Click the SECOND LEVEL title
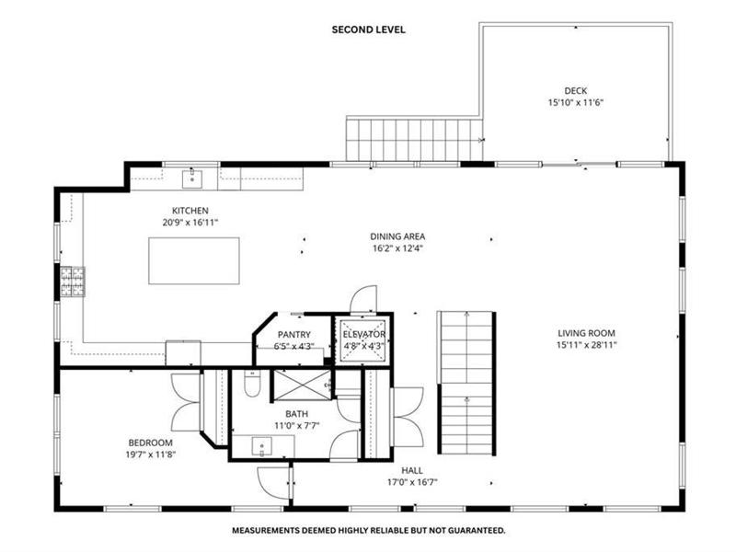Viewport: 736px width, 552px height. (369, 29)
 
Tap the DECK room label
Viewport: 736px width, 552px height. (576, 90)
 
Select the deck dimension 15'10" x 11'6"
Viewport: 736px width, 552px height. (576, 102)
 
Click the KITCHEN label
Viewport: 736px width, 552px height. (190, 211)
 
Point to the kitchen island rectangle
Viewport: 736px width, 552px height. (194, 261)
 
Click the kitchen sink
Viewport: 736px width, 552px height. (192, 179)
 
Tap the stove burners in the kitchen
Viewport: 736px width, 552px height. (73, 282)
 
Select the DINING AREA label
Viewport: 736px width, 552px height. (397, 236)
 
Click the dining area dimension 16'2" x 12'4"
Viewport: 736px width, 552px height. (398, 248)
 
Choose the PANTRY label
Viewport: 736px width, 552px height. (293, 335)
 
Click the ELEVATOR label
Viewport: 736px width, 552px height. (363, 334)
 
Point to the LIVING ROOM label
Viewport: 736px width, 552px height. (586, 333)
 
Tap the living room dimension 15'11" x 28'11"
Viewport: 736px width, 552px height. (586, 345)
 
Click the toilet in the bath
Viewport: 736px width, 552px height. (252, 384)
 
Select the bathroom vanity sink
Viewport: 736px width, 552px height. (261, 446)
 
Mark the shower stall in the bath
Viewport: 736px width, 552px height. (303, 385)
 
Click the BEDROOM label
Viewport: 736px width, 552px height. (151, 443)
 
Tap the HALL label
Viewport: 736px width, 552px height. (412, 470)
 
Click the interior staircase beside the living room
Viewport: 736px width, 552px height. (466, 383)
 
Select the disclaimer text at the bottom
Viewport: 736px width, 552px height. (369, 531)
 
